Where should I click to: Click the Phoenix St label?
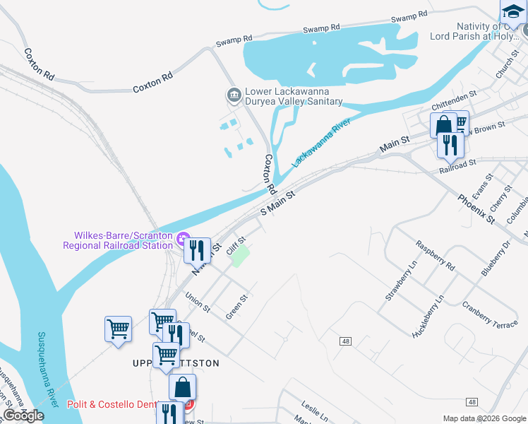point(475,208)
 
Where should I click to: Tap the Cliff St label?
point(236,249)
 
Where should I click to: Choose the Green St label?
point(236,307)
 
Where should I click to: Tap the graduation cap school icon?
point(513,12)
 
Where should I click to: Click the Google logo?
point(23,416)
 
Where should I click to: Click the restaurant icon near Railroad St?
point(450,144)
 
